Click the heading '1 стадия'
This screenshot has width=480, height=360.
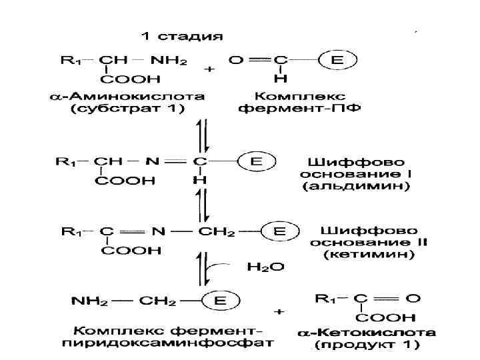coord(182,35)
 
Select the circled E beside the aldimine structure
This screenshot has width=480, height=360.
coord(256,161)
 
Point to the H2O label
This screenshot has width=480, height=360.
coord(265,267)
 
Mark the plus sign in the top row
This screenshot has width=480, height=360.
coord(209,68)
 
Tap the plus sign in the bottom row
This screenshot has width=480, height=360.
coord(279,311)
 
